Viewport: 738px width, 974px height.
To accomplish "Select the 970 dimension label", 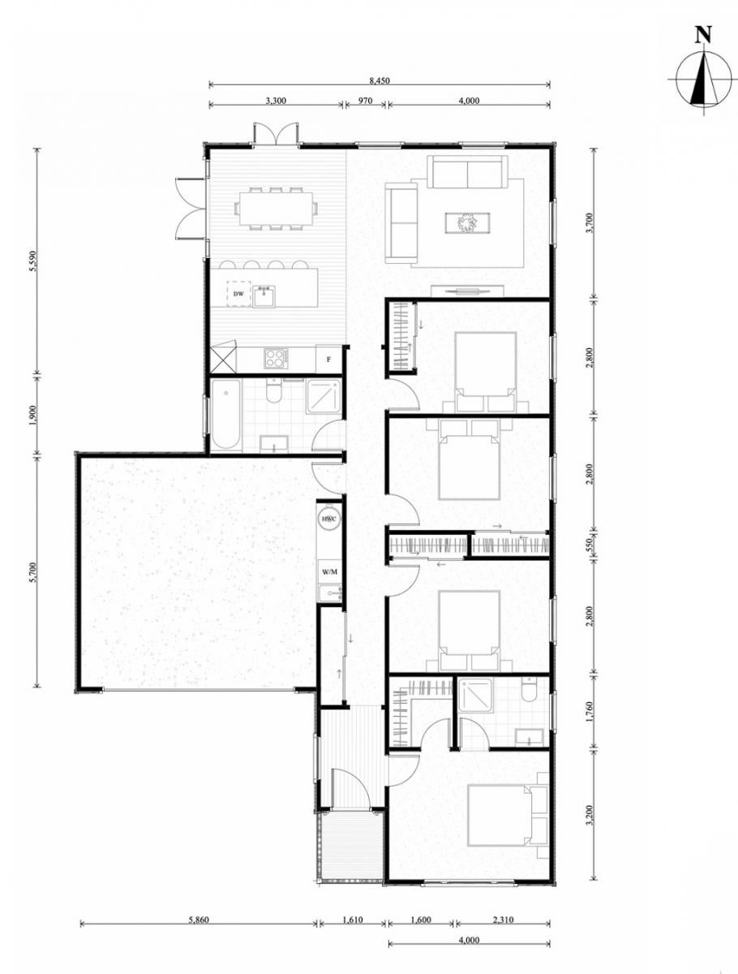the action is (x=365, y=101).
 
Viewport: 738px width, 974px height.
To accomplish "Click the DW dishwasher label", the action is (x=238, y=294).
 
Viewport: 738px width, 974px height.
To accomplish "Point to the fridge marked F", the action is (x=328, y=360).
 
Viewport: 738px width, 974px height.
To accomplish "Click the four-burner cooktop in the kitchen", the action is (x=276, y=358).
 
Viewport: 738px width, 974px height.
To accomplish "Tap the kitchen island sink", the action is (x=264, y=296).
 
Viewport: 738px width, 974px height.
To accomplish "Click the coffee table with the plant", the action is (x=468, y=222).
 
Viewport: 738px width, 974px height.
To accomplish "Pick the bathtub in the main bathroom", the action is (x=226, y=415).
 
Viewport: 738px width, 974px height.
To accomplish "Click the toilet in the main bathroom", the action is (x=273, y=390).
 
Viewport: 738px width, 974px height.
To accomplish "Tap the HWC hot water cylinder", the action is (x=328, y=519).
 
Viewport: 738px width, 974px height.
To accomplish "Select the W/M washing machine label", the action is (x=329, y=572).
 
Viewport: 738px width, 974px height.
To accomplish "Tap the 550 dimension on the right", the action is (x=589, y=545).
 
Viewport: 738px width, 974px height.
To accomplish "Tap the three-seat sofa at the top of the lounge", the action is (x=467, y=171).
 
